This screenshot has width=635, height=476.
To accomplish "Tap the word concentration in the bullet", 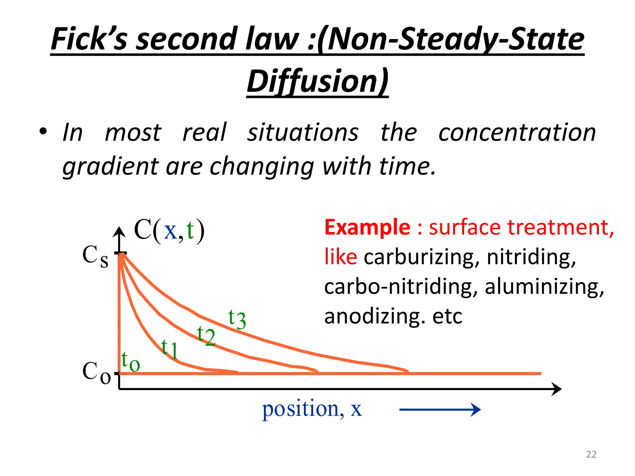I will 517,133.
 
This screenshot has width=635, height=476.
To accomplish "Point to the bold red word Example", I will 367,227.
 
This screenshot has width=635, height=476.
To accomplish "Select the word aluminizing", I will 544,287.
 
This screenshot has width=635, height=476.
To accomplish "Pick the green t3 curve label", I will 237,319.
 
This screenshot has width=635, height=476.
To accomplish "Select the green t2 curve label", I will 206,336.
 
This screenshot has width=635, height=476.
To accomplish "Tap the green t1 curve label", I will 170,349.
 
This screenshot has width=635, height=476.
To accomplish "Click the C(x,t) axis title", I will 169,231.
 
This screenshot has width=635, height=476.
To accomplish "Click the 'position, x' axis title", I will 312,409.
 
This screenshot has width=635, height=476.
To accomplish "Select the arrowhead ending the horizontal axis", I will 556,389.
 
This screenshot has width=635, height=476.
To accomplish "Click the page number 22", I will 591,454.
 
